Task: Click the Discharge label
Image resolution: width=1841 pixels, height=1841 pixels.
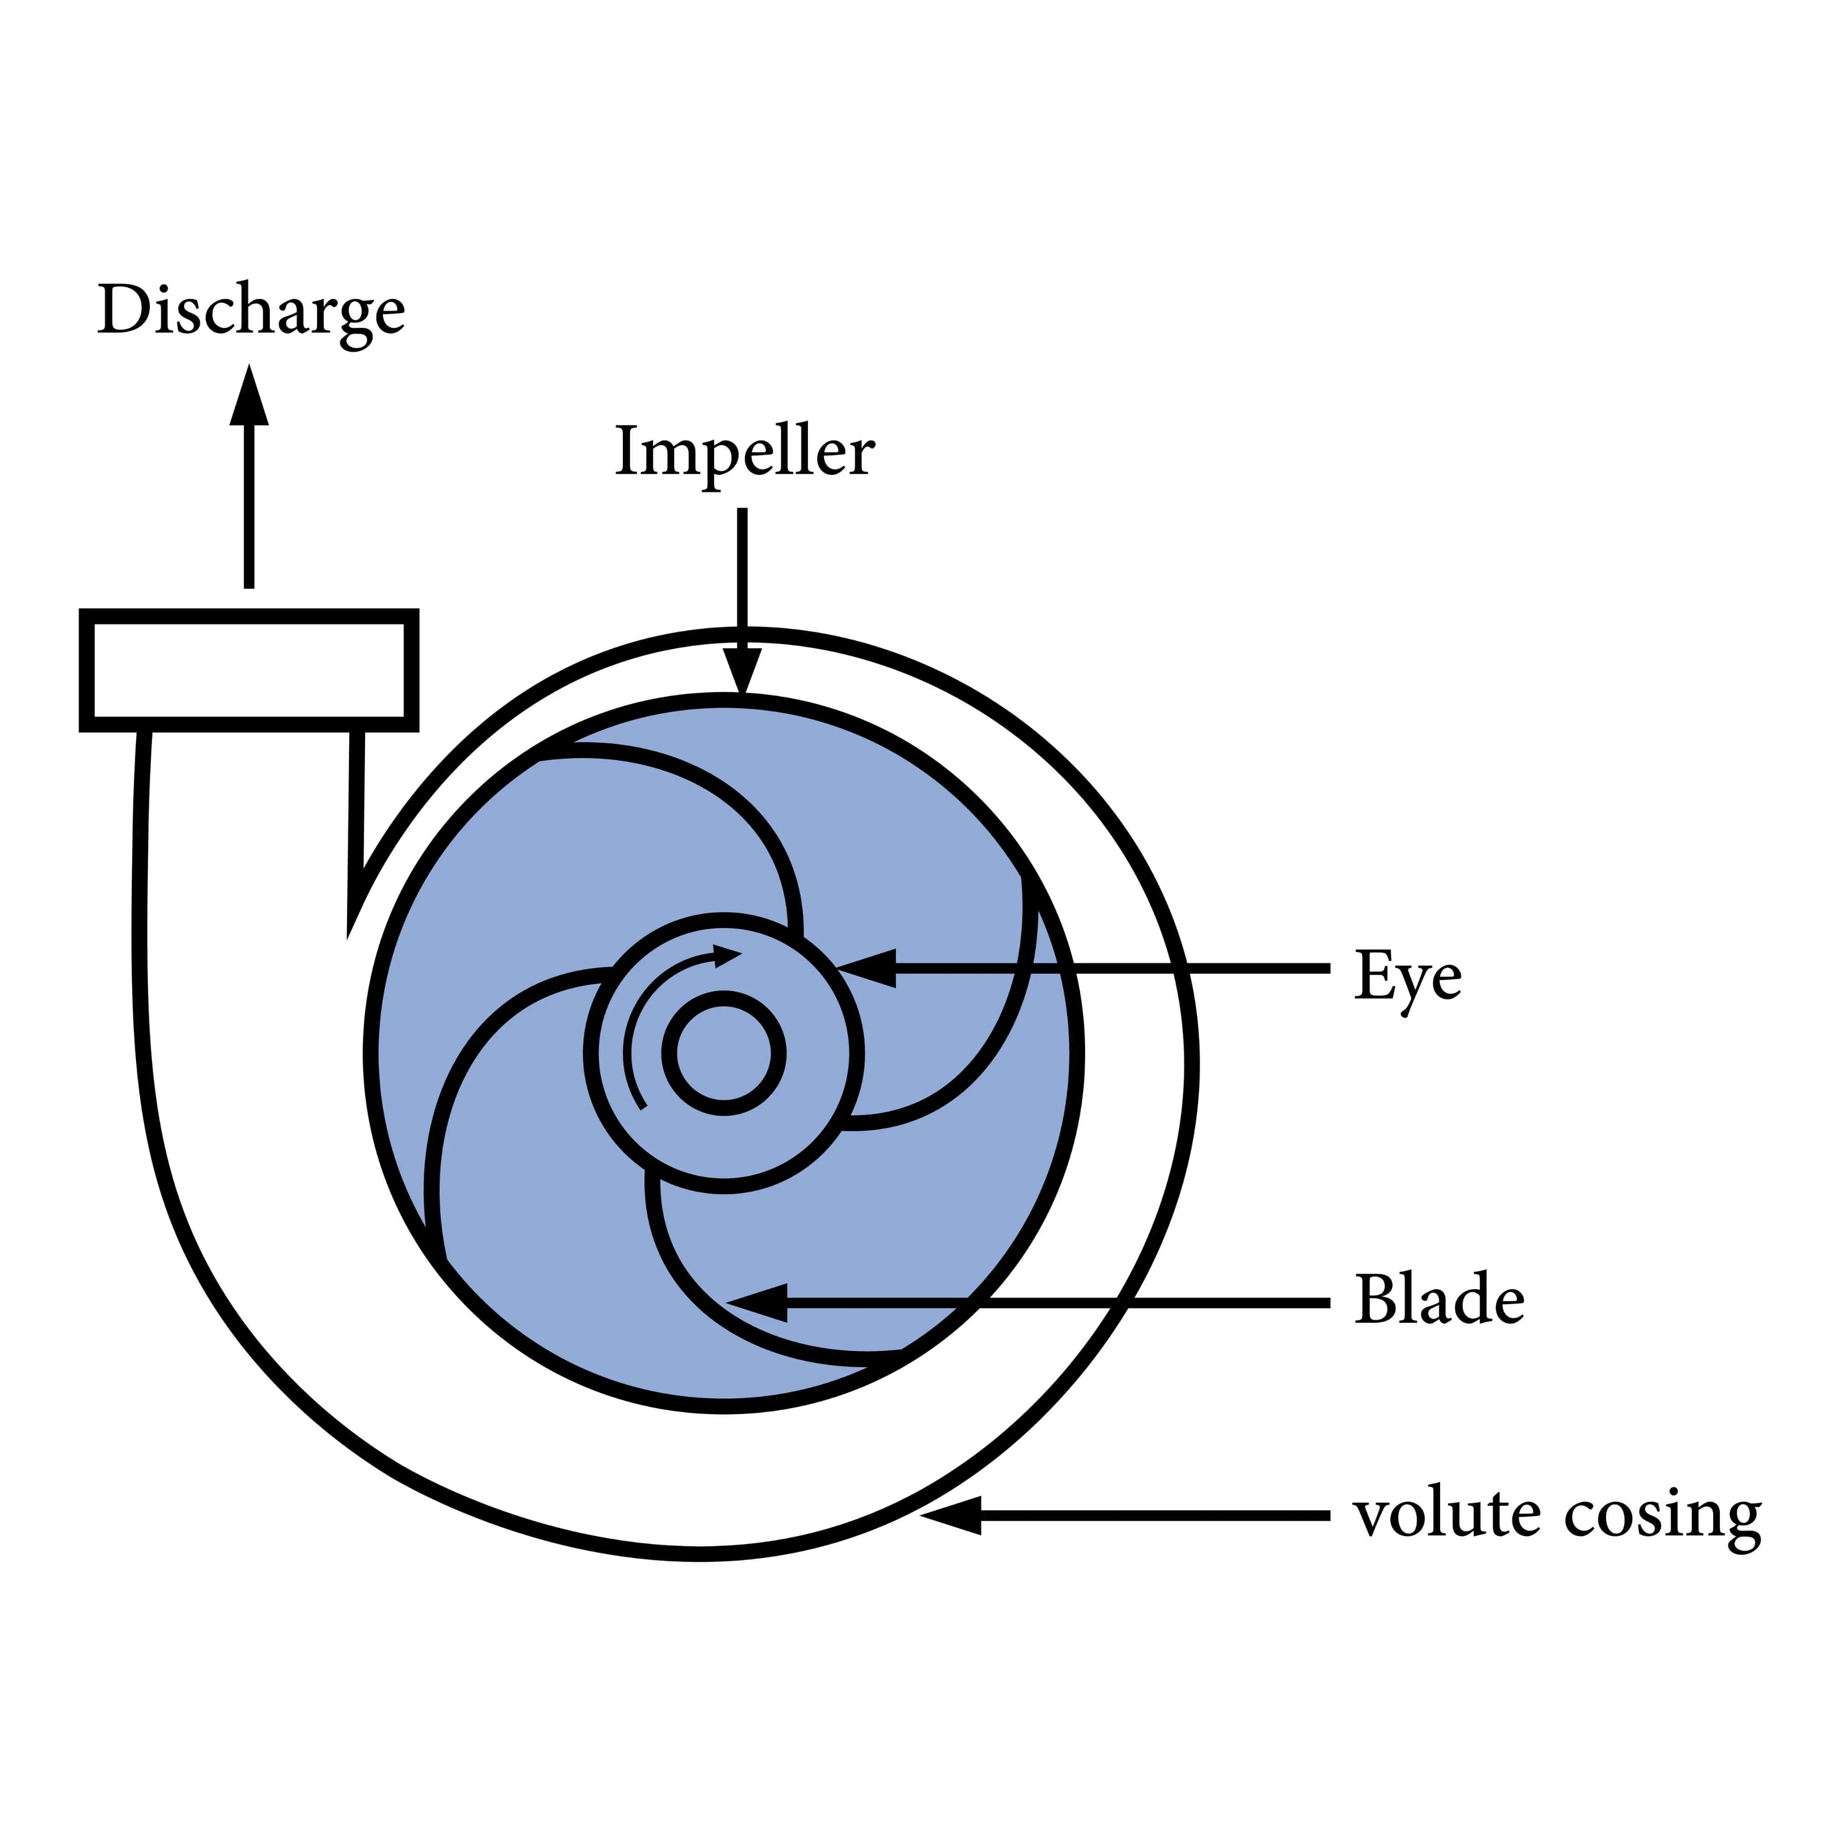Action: click(250, 312)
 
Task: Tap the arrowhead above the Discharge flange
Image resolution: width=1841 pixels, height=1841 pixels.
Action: click(249, 395)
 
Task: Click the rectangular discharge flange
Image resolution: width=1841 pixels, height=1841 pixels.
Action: click(249, 671)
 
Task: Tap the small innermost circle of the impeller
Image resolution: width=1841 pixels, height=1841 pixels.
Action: click(724, 1053)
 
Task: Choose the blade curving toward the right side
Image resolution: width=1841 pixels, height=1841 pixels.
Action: click(991, 1048)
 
